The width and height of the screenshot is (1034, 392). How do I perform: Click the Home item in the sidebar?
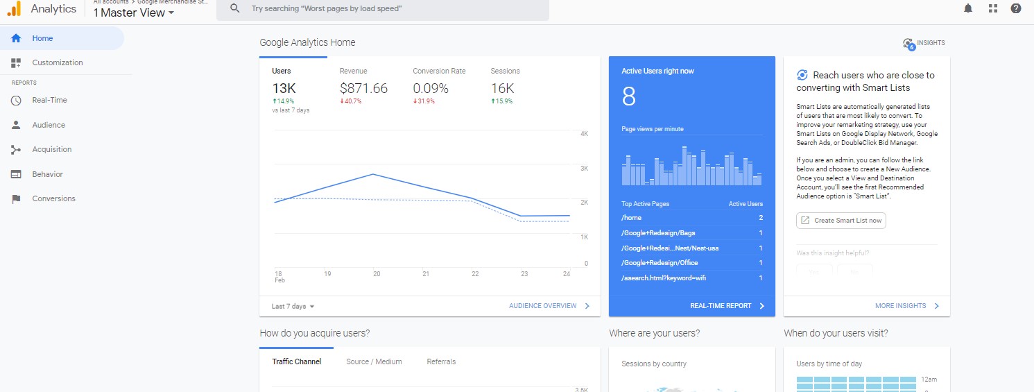[x=42, y=38]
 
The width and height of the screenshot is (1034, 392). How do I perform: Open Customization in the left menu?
[x=57, y=62]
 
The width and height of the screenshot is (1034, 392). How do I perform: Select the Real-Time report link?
[x=49, y=100]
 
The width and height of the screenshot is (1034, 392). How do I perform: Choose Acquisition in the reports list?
[x=51, y=149]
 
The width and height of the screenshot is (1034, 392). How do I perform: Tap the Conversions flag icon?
[x=16, y=199]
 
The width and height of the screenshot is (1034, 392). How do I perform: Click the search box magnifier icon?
[x=235, y=8]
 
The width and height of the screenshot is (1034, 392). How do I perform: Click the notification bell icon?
[x=968, y=8]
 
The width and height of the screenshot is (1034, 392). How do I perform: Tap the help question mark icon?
[x=1016, y=8]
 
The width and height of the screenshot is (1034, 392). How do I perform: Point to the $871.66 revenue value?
[x=363, y=88]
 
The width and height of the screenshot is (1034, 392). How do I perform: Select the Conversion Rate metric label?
[x=439, y=71]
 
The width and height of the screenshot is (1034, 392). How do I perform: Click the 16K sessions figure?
[x=502, y=88]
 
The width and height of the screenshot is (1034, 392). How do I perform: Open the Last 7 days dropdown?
[x=293, y=306]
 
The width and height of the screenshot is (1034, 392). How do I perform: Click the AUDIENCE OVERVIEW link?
[x=543, y=306]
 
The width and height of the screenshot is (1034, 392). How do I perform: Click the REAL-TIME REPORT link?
[x=721, y=306]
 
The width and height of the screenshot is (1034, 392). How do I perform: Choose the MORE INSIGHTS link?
[x=900, y=306]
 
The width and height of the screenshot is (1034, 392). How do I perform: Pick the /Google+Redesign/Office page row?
[x=660, y=263]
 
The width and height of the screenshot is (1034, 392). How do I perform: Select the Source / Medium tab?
[x=374, y=361]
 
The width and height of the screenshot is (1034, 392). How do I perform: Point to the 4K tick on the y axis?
[x=584, y=133]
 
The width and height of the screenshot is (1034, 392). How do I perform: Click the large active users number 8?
[x=628, y=97]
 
